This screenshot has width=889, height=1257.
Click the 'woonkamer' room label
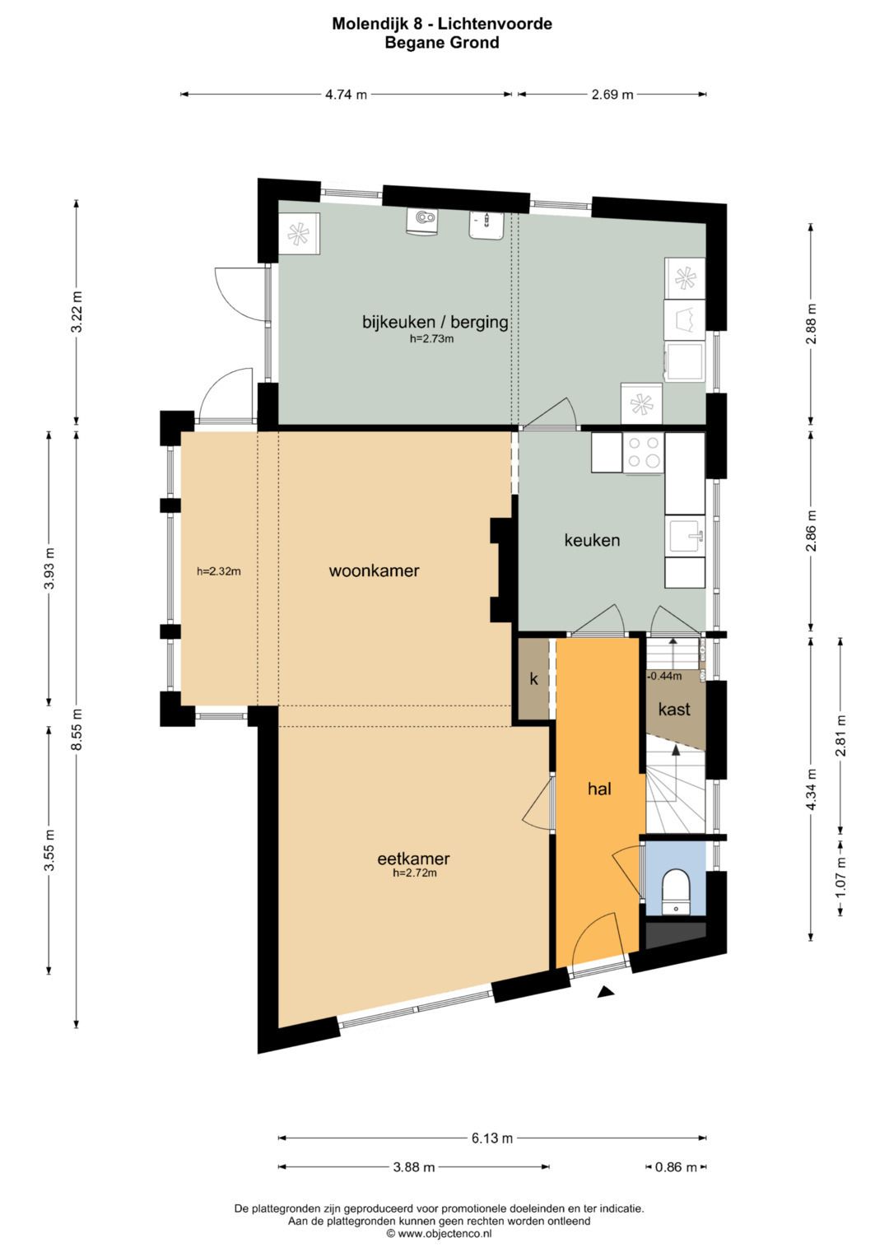click(x=374, y=571)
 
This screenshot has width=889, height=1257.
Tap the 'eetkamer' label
click(x=413, y=859)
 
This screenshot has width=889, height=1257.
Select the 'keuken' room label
click(x=592, y=540)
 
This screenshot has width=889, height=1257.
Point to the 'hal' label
click(x=599, y=789)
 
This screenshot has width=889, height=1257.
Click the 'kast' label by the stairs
click(x=674, y=709)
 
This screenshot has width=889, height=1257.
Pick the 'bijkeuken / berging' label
click(x=435, y=323)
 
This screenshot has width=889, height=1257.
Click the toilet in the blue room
click(x=675, y=892)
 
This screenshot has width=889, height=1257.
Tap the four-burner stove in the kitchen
click(x=643, y=452)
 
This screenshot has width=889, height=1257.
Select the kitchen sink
click(x=685, y=536)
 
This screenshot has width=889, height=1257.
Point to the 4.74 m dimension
click(x=347, y=95)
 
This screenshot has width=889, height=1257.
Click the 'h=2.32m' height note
click(x=219, y=572)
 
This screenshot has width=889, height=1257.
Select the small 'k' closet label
click(x=533, y=680)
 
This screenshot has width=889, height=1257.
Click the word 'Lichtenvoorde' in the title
click(x=495, y=24)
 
